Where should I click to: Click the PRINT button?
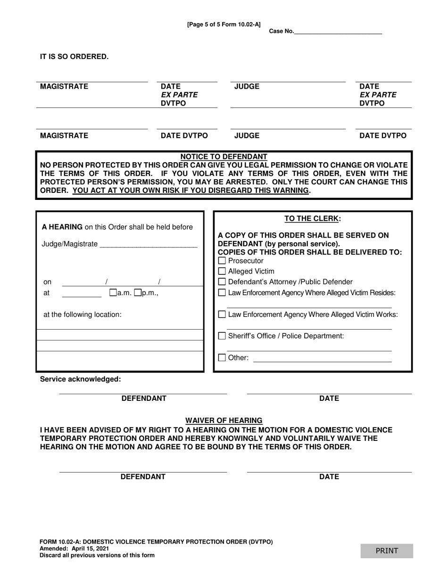(x=387, y=551)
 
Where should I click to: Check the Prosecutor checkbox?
(x=223, y=261)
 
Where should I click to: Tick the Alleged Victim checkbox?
(x=223, y=271)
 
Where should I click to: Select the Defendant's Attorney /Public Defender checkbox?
(x=223, y=282)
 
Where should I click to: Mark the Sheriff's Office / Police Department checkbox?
(x=223, y=336)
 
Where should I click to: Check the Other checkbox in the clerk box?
(x=223, y=358)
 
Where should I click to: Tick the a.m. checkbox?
(x=113, y=293)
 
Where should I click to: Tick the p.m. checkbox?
(x=138, y=293)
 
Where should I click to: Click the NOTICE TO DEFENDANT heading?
(x=224, y=157)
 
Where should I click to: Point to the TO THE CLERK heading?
(x=312, y=219)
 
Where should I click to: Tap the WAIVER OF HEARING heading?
(x=224, y=420)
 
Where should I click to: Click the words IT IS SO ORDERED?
(x=74, y=57)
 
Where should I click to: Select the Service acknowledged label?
(x=80, y=379)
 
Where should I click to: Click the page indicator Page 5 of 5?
(x=224, y=25)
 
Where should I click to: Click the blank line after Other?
(x=322, y=359)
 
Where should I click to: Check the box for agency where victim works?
(x=223, y=315)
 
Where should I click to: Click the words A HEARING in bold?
(x=62, y=227)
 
